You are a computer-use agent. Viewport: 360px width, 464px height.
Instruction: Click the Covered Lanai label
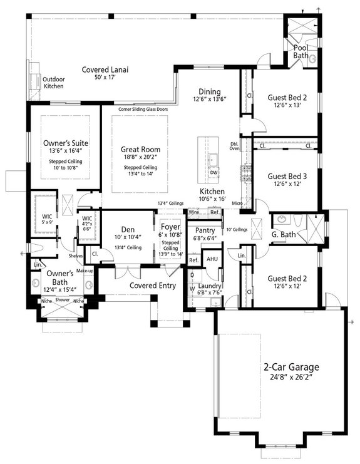(105, 70)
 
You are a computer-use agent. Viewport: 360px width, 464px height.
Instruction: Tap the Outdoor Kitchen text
(53, 83)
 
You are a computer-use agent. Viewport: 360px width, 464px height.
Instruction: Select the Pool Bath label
(301, 52)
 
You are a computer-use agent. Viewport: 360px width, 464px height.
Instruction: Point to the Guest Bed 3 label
(285, 177)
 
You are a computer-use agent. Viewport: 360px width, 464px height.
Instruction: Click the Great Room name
(141, 150)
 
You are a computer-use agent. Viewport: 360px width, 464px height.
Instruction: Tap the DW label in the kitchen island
(213, 172)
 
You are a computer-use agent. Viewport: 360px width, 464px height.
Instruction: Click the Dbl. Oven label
(234, 147)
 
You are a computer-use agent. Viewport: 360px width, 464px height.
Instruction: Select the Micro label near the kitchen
(237, 204)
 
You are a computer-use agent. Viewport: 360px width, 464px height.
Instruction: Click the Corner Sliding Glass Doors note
(143, 109)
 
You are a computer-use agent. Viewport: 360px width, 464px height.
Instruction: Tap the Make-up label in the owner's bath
(85, 271)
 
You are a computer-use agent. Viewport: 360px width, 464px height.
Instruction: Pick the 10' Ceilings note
(237, 229)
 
